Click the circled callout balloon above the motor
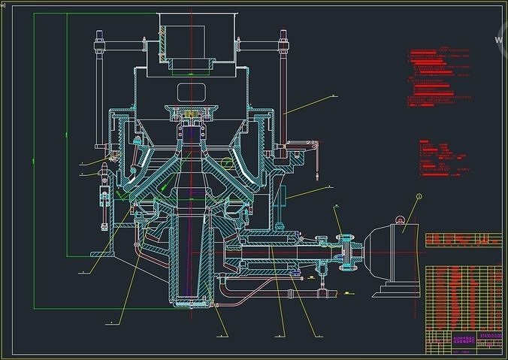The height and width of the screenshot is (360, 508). [x=419, y=197]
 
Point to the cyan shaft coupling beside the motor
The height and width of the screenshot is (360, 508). [x=348, y=252]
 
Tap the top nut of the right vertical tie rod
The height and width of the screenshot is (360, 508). [x=284, y=35]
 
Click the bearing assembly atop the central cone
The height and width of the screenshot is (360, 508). [x=192, y=116]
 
